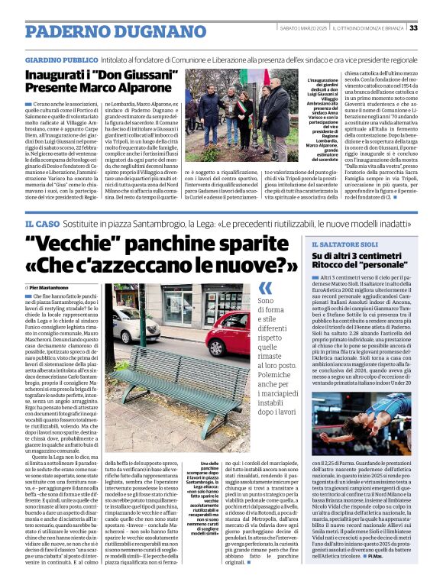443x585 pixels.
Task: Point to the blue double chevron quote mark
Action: [266, 288]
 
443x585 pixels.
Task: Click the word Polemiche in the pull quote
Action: [280, 357]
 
